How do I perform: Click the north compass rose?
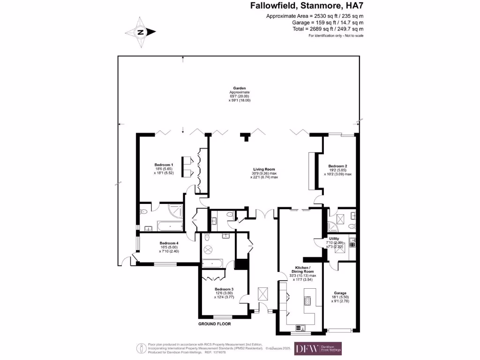[140, 32]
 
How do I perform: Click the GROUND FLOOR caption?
[214, 324]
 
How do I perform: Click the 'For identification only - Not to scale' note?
[336, 36]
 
